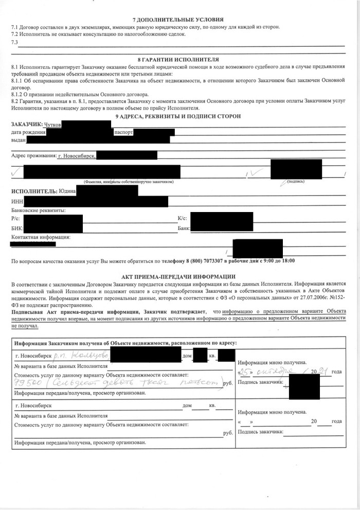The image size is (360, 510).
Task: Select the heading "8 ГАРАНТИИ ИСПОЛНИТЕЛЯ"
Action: [178, 59]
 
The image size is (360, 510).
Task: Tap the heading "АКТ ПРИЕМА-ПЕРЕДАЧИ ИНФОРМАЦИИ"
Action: [179, 276]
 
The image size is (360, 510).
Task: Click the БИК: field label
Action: [16, 226]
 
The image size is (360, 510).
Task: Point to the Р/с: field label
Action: [16, 218]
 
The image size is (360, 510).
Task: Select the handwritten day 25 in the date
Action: [248, 371]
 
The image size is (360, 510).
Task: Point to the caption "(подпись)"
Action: [297, 182]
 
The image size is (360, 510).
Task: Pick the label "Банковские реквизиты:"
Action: [38, 209]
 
